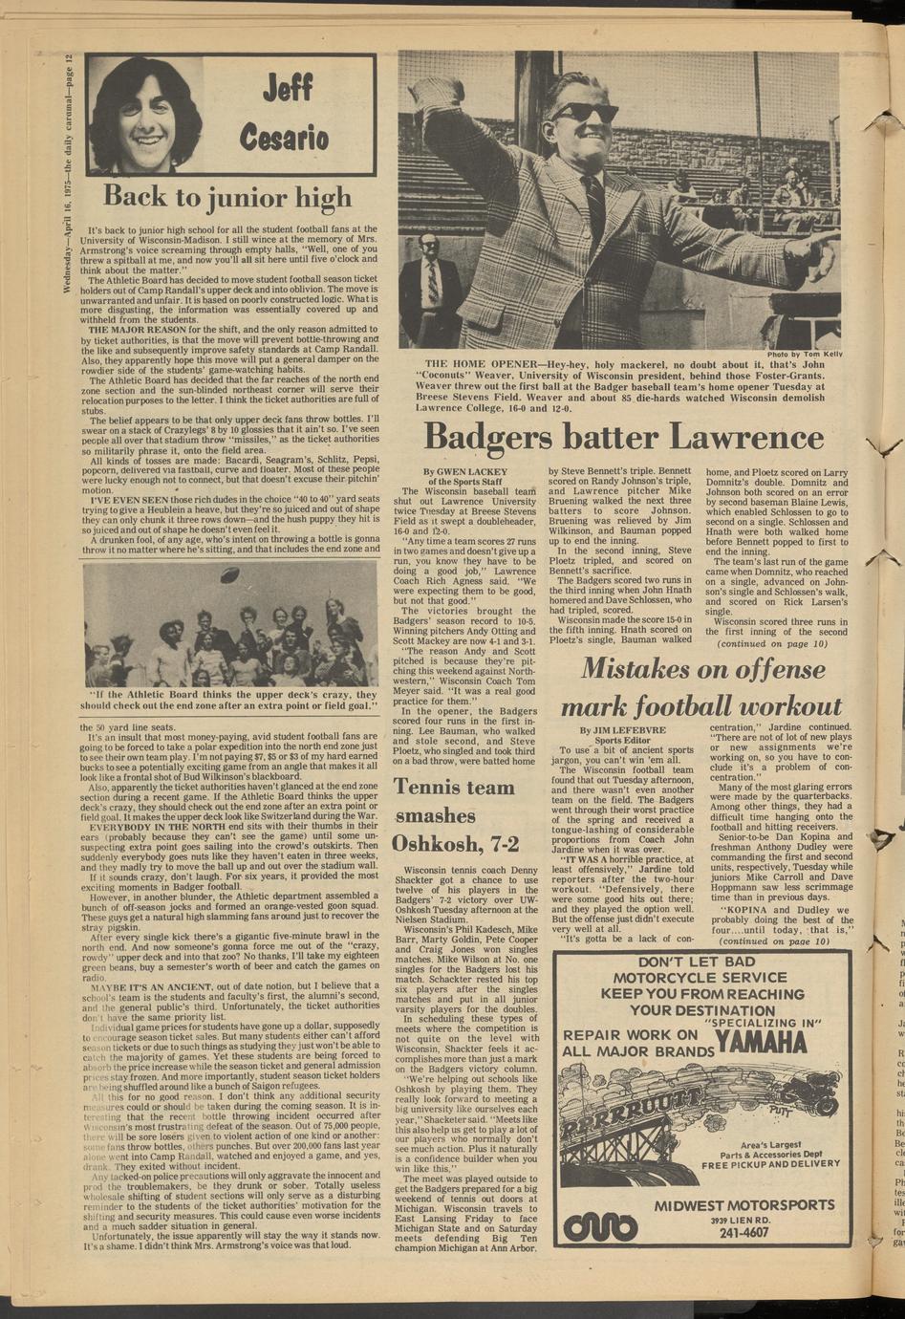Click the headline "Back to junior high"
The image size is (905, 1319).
pos(227,197)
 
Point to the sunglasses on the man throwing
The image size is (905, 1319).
pos(583,111)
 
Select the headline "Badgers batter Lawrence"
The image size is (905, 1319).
pos(623,438)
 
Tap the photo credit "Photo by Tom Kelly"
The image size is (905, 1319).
pos(805,355)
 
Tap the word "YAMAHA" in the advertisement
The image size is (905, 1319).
pos(760,1043)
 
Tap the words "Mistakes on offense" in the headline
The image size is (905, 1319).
pos(705,669)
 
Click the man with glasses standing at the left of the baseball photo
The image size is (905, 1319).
pos(430,287)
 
